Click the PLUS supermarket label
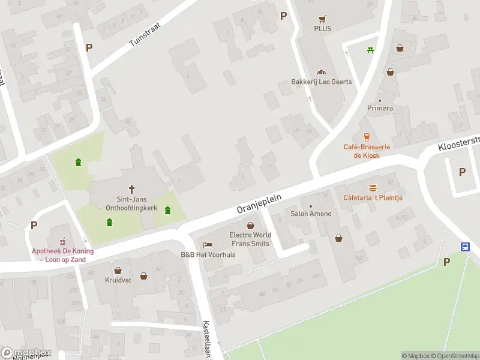coord(322,28)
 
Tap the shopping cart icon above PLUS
coord(323,18)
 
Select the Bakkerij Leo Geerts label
coord(322,82)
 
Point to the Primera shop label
coord(380,108)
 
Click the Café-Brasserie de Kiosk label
coord(366,151)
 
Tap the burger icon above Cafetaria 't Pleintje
coord(373,187)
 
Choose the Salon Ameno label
coord(311,214)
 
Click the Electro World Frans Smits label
coord(250,239)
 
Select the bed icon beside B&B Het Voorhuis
coord(208,245)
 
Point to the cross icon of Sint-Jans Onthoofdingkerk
coord(131,189)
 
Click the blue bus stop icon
coord(465,247)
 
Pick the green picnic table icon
coord(371,50)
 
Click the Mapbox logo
coord(26,353)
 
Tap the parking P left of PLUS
coord(283,16)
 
